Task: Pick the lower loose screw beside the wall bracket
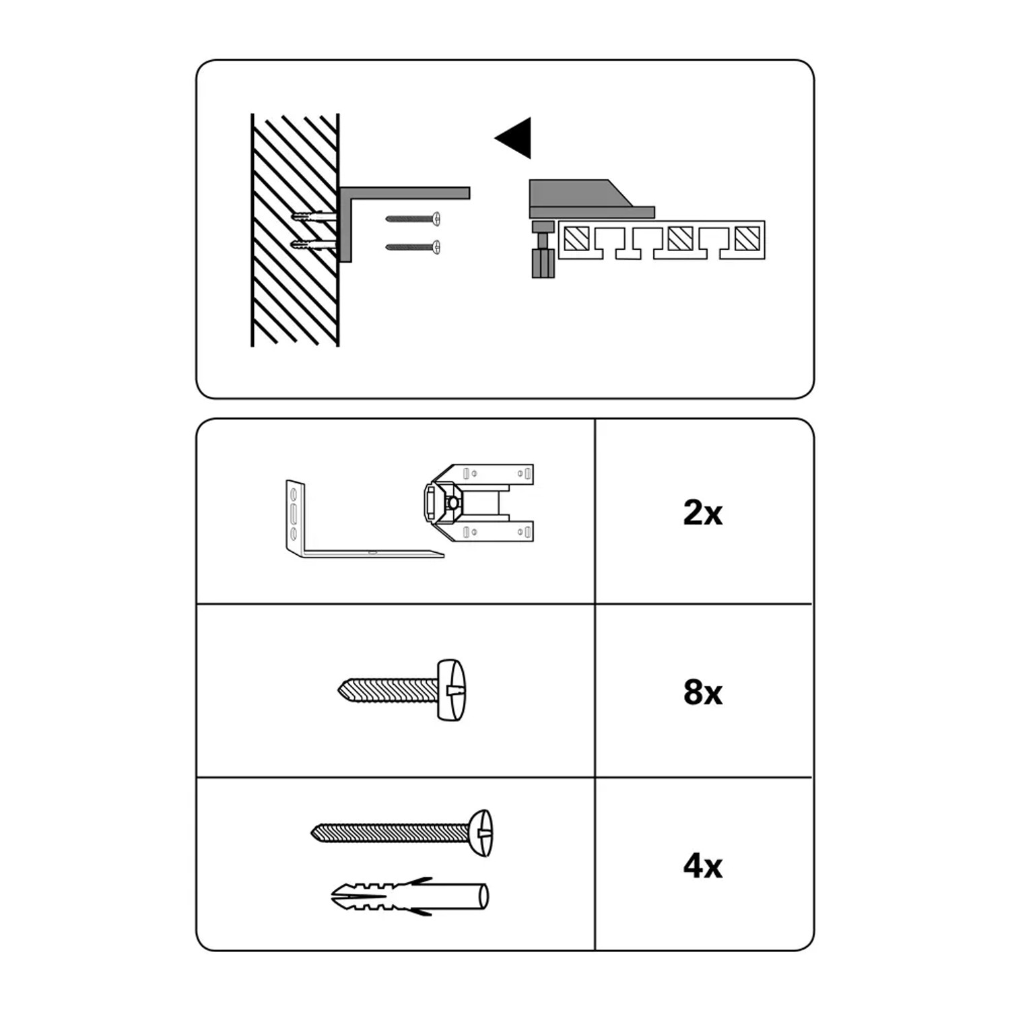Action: click(413, 247)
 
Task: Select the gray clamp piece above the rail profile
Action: click(586, 199)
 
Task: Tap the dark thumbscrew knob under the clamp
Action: click(543, 263)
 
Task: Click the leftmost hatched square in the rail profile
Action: click(577, 238)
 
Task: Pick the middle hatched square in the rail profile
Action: click(681, 238)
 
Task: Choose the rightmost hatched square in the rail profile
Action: click(747, 238)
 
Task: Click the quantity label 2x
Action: click(702, 513)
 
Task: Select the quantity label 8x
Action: click(702, 692)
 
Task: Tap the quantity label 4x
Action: click(702, 866)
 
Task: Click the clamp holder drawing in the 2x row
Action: click(479, 503)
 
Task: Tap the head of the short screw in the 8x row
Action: click(452, 690)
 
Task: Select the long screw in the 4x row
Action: click(401, 834)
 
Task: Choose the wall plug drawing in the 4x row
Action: click(410, 897)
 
